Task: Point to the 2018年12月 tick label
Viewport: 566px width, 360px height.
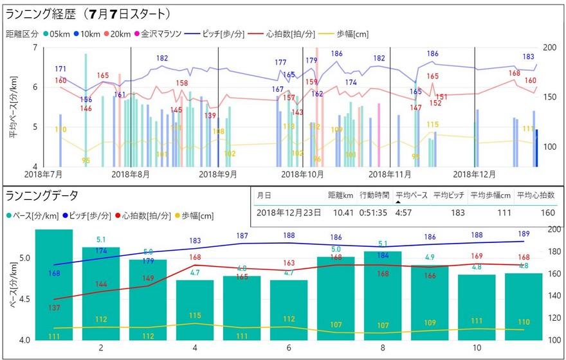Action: click(x=475, y=174)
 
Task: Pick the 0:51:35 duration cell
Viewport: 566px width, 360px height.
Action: click(x=374, y=212)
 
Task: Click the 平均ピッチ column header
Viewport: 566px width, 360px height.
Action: click(x=448, y=195)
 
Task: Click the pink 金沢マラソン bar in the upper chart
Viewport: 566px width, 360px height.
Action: click(x=379, y=135)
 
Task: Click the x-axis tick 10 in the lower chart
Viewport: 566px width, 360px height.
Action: click(x=476, y=348)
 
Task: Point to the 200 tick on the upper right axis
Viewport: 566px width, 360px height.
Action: click(x=550, y=48)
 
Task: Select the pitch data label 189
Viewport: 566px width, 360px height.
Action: click(x=524, y=234)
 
